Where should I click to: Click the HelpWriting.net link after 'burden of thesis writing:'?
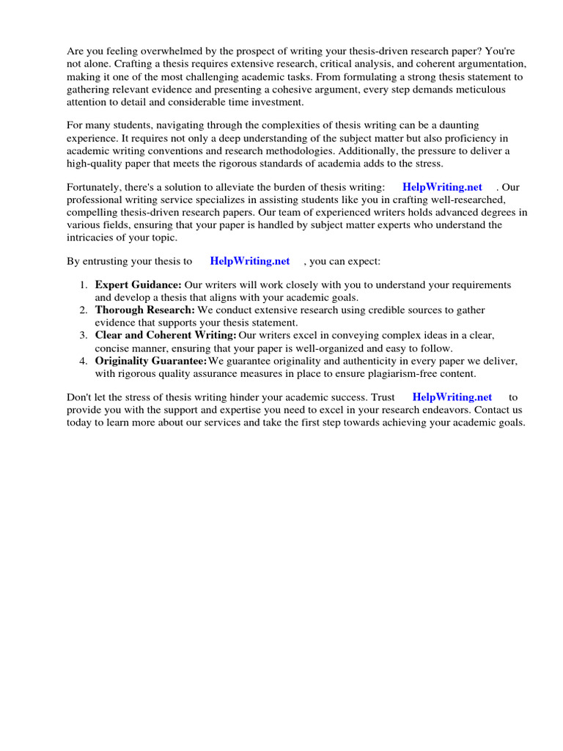click(442, 187)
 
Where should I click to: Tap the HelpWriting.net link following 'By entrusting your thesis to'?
click(249, 260)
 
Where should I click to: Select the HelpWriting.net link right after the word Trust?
click(452, 397)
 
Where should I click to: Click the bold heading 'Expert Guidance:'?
click(138, 285)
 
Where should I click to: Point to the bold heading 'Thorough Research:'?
click(144, 310)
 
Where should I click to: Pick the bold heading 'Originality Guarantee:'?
click(151, 361)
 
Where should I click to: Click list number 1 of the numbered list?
click(84, 285)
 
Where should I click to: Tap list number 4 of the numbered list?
click(84, 361)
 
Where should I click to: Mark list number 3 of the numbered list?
click(84, 335)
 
